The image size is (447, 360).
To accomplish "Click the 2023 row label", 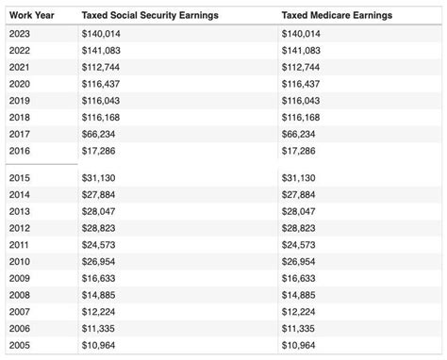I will click(x=20, y=33).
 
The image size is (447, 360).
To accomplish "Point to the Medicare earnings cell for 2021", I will click(x=301, y=67).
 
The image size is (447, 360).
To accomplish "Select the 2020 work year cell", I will click(x=20, y=84).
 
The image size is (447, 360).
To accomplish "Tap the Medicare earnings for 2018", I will click(x=301, y=117).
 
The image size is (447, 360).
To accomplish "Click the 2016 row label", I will click(x=20, y=151).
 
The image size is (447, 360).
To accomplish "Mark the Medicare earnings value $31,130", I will click(x=298, y=178).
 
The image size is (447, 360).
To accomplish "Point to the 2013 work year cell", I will click(x=20, y=212).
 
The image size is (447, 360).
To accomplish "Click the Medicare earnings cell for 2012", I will click(x=298, y=228).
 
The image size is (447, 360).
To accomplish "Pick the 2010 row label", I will click(x=20, y=262).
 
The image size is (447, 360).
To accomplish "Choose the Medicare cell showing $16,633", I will click(x=298, y=279).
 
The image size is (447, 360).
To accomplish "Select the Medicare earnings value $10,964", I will click(x=298, y=346).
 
